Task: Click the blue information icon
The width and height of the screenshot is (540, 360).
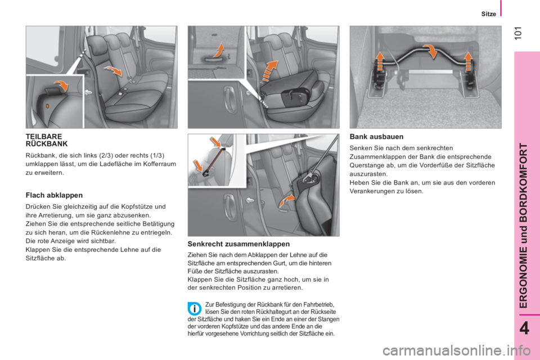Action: click(x=193, y=309)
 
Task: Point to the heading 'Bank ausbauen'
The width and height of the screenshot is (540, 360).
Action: click(x=375, y=137)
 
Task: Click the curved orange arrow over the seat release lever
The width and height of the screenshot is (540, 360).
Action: click(x=64, y=86)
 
